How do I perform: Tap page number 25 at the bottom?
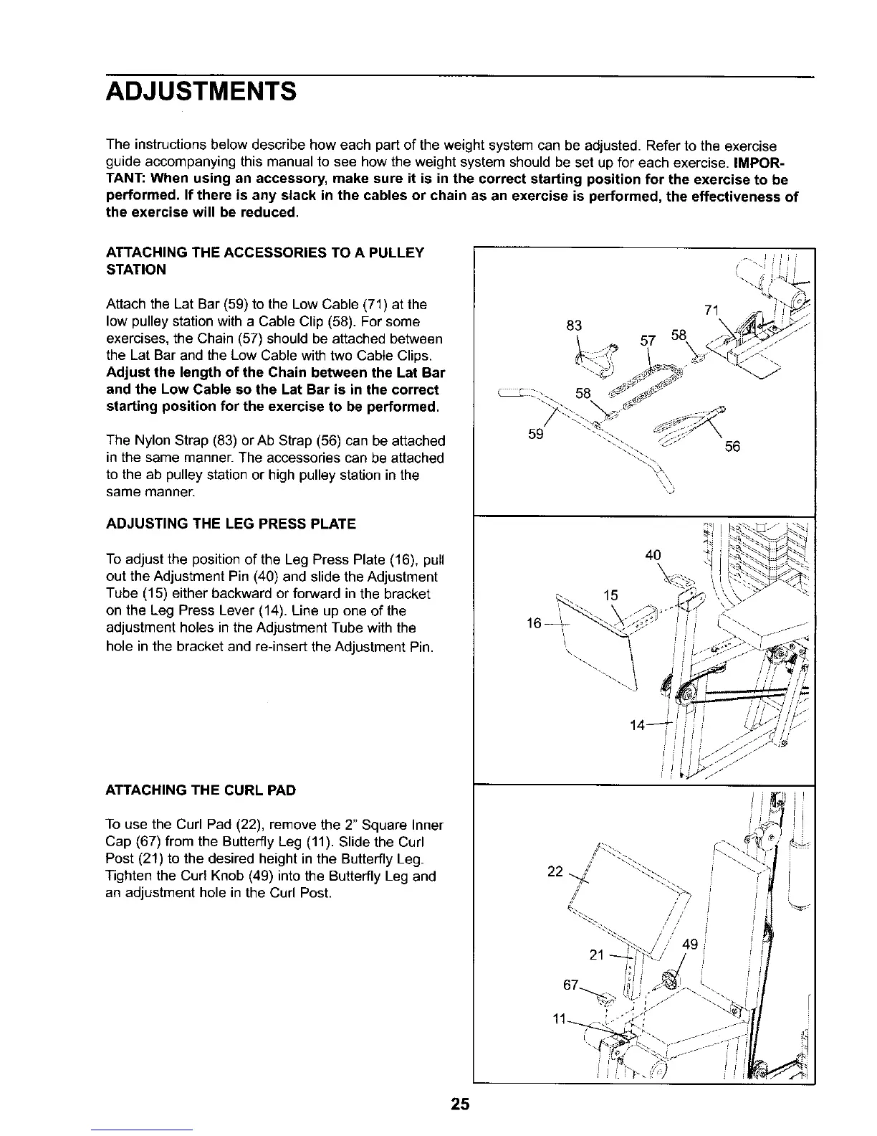460,1104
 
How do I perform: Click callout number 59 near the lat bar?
535,435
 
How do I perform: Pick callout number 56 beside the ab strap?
732,446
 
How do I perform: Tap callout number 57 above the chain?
647,341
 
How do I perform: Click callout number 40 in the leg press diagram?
653,554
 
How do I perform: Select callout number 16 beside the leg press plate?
534,624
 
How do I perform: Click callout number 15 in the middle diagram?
610,595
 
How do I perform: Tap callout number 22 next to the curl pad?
555,871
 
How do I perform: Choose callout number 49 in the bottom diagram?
690,945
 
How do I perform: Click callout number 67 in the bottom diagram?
571,985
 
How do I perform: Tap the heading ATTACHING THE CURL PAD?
201,790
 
